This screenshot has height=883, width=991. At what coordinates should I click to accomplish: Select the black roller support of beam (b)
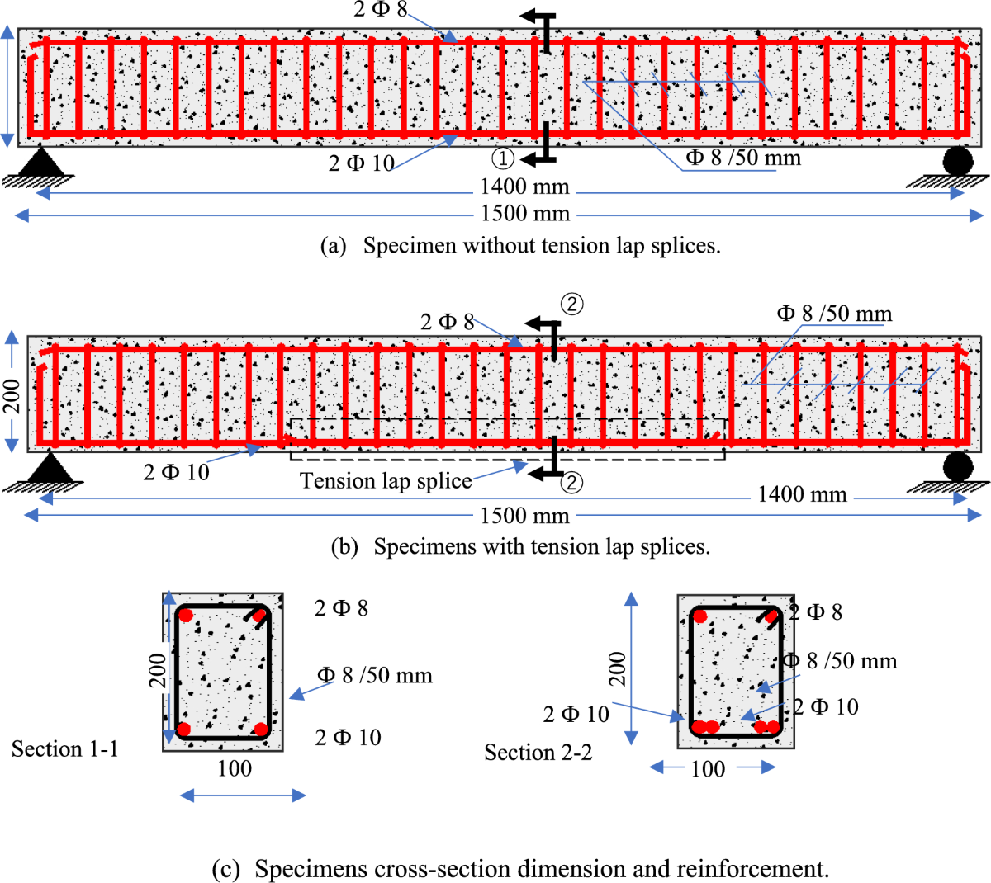click(958, 466)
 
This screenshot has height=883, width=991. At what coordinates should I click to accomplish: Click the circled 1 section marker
click(503, 158)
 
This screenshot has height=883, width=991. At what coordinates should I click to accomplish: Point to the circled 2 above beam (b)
click(571, 304)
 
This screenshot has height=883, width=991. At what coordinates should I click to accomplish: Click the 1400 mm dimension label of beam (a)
click(524, 187)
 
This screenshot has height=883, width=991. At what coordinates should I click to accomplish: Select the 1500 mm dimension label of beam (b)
click(524, 516)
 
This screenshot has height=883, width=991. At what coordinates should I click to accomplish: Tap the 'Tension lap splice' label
click(386, 481)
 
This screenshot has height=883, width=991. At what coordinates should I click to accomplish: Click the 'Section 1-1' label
click(65, 748)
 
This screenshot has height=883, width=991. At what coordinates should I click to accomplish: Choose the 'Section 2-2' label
click(538, 753)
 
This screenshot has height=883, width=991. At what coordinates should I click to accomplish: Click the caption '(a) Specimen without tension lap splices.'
click(520, 245)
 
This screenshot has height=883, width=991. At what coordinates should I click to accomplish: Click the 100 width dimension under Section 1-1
click(235, 768)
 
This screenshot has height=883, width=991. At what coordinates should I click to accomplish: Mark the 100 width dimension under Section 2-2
click(708, 769)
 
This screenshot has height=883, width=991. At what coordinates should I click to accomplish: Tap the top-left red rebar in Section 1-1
click(186, 615)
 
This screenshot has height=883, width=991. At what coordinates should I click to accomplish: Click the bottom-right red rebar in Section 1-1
click(261, 729)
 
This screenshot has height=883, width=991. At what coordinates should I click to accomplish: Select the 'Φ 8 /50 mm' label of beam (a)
click(743, 158)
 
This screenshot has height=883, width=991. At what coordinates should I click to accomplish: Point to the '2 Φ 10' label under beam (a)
click(362, 163)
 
